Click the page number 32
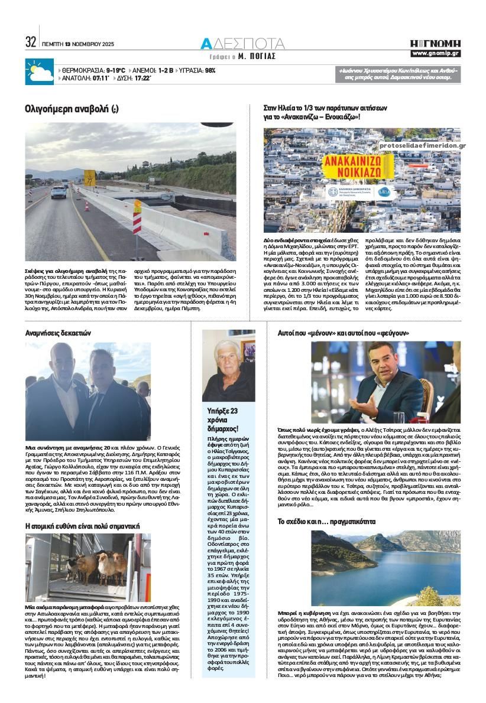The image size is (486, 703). pyautogui.click(x=31, y=43)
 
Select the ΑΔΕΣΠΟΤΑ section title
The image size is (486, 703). pyautogui.click(x=242, y=43)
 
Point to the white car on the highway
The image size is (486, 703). pyautogui.click(x=59, y=191)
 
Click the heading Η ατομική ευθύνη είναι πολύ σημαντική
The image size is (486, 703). pyautogui.click(x=82, y=525)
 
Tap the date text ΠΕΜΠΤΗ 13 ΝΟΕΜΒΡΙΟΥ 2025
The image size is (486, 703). pyautogui.click(x=78, y=44)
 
